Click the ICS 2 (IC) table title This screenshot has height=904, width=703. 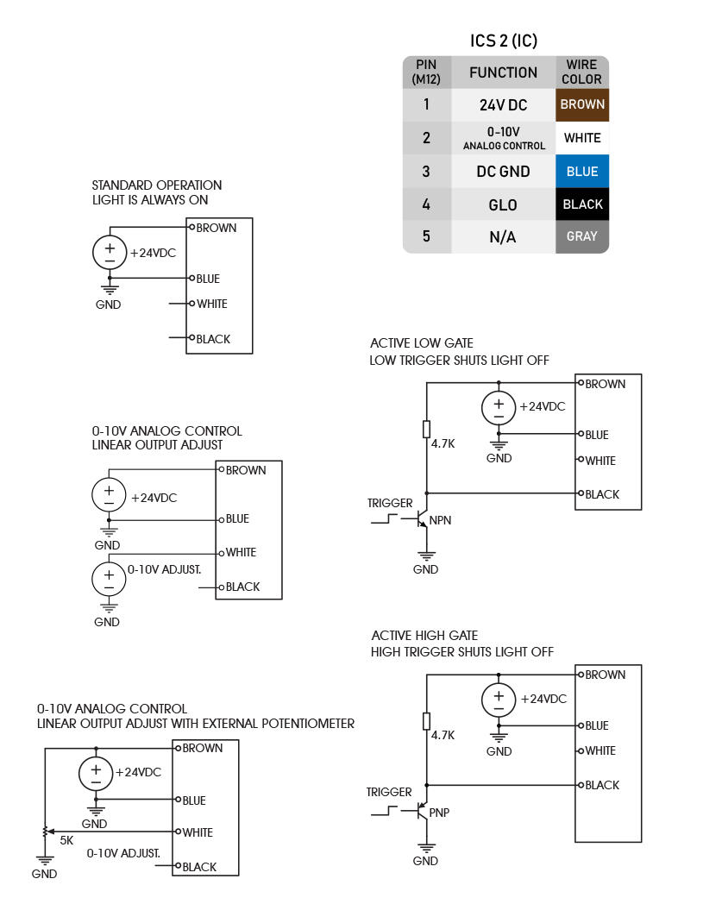(x=504, y=41)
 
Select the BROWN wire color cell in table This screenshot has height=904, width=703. (x=582, y=105)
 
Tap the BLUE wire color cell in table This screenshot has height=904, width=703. (x=582, y=172)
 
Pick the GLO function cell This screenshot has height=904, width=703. (x=503, y=204)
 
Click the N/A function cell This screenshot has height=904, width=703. (x=503, y=236)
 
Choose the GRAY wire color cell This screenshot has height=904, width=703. (x=582, y=236)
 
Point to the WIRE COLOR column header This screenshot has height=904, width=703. (x=582, y=72)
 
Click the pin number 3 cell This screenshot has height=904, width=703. (x=426, y=172)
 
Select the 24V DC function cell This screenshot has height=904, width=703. (x=503, y=105)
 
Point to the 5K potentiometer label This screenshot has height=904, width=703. (x=66, y=839)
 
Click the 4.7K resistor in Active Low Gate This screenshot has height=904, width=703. (x=426, y=429)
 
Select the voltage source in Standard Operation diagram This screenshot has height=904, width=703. (x=110, y=253)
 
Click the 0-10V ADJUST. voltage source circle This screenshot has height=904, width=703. (x=109, y=577)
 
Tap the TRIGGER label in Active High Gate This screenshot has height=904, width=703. (x=389, y=792)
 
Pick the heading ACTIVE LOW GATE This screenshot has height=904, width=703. (x=422, y=343)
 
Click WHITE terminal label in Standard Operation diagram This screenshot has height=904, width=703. (x=211, y=304)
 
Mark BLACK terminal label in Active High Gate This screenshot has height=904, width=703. (x=602, y=785)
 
